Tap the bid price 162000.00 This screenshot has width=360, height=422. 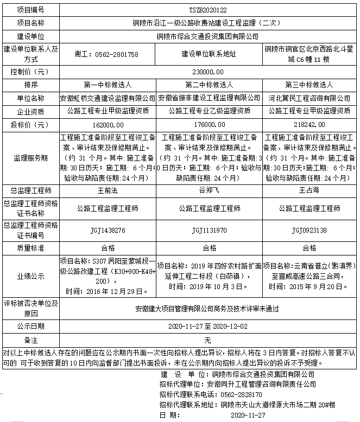(x=107, y=124)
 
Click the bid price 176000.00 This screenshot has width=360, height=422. (x=209, y=124)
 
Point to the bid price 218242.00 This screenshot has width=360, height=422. (x=309, y=124)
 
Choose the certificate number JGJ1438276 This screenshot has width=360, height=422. (x=107, y=230)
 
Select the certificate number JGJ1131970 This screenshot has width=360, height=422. (x=209, y=230)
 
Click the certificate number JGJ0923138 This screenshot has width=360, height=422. (x=309, y=230)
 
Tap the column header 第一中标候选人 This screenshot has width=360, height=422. (x=107, y=85)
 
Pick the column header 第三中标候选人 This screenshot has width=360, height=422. (x=309, y=85)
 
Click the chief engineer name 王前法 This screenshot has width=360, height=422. (x=107, y=190)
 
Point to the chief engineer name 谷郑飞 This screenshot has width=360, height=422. (x=209, y=190)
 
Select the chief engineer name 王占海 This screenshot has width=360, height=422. (x=309, y=190)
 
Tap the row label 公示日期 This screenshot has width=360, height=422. (x=31, y=327)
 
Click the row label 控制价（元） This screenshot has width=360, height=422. (x=31, y=72)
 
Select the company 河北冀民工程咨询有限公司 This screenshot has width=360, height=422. (x=309, y=99)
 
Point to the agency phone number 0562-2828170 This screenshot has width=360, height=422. (x=241, y=395)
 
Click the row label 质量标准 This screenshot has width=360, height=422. (x=31, y=247)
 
